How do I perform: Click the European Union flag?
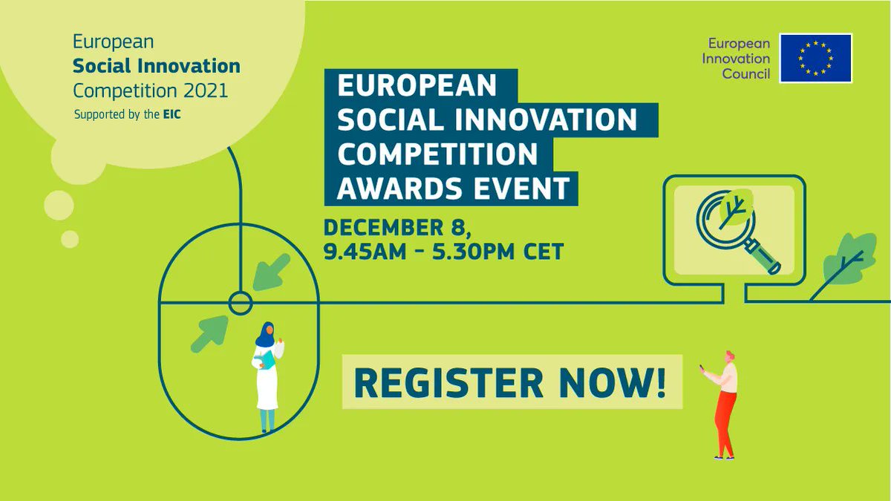click(x=815, y=58)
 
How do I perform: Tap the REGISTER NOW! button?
click(x=512, y=382)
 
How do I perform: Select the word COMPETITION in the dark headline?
click(x=437, y=153)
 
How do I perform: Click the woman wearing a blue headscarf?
click(x=267, y=375)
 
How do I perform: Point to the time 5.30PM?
click(x=477, y=252)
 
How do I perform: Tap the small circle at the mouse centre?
click(x=240, y=303)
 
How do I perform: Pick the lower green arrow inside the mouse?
click(x=209, y=333)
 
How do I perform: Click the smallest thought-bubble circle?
click(x=70, y=239)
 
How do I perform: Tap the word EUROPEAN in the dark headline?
click(x=417, y=85)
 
